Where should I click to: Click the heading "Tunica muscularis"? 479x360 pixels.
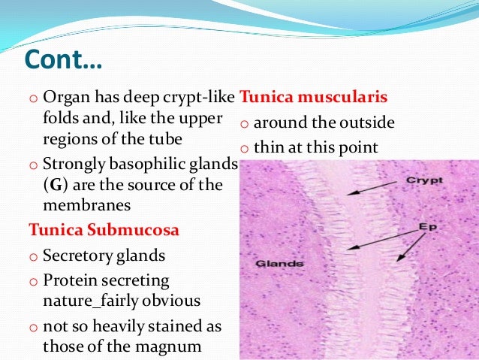click(x=312, y=98)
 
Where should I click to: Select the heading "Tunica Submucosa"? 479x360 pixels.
click(x=104, y=230)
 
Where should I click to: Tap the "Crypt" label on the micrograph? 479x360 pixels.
click(x=424, y=180)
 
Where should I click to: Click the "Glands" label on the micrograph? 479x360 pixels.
click(x=279, y=264)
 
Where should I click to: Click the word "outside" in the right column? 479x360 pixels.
click(x=368, y=123)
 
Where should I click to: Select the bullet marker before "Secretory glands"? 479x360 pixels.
click(x=33, y=256)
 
